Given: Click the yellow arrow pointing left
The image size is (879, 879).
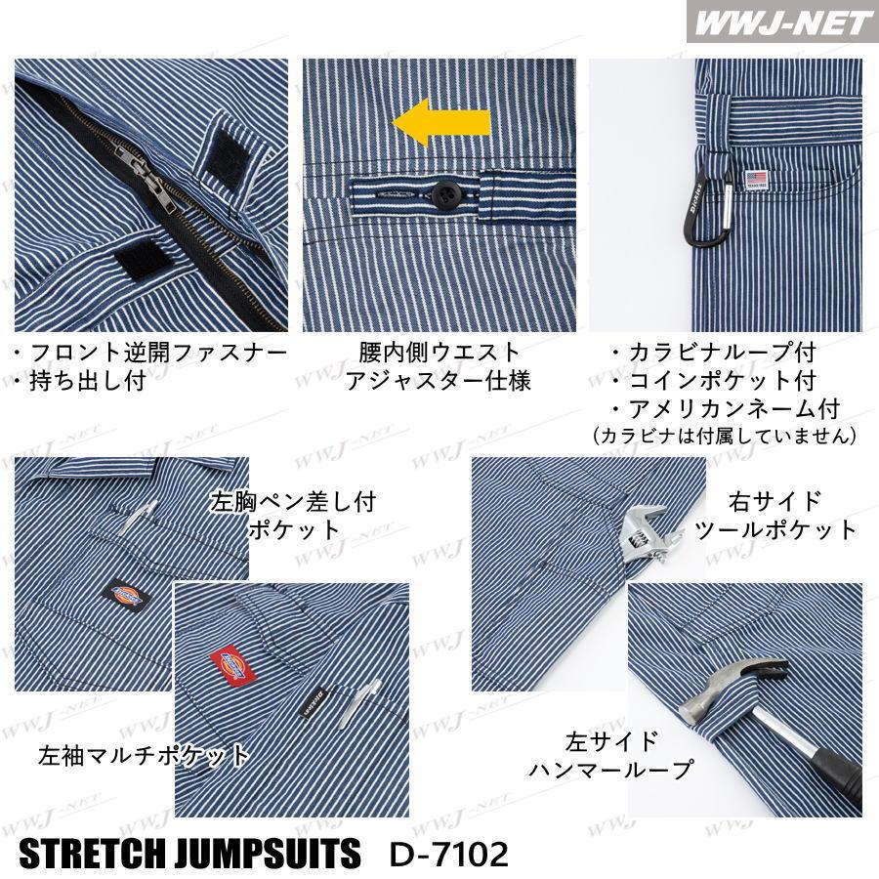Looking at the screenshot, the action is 440,123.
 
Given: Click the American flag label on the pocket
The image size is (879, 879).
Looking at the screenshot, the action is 756,180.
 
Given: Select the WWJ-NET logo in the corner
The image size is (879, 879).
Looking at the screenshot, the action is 782,23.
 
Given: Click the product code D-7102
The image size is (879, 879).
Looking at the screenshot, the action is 448,854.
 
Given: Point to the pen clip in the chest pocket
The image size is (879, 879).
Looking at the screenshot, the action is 139,516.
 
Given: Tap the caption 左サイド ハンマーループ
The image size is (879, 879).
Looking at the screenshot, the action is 611,755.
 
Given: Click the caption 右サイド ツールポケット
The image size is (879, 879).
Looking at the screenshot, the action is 775,515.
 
